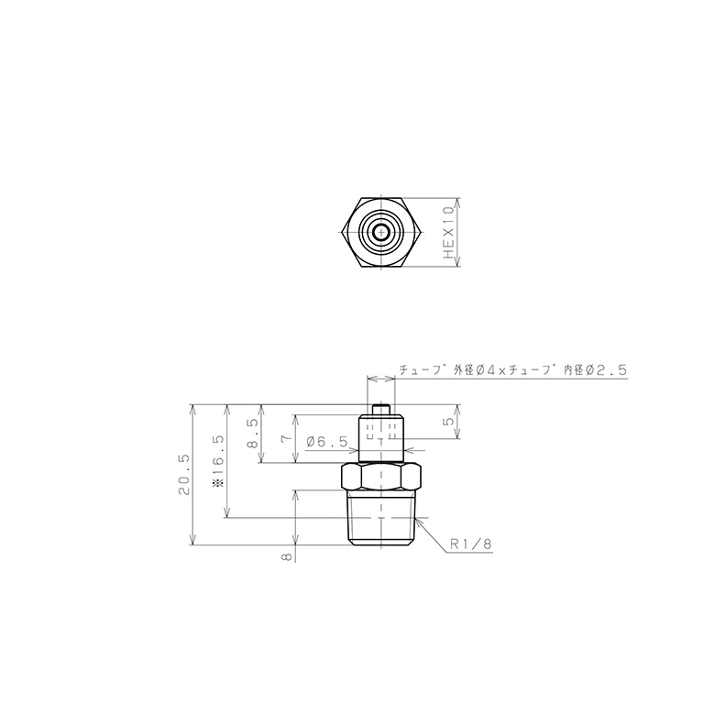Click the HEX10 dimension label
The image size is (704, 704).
click(x=449, y=233)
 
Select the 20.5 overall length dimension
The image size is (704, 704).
click(x=184, y=474)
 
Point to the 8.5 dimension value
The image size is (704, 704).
click(x=253, y=434)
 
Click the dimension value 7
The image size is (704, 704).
click(x=286, y=438)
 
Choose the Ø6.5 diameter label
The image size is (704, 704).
click(x=327, y=442)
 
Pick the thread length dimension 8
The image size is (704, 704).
click(x=286, y=556)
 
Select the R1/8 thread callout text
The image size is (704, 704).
click(x=471, y=544)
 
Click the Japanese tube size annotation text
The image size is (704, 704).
click(x=512, y=370)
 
